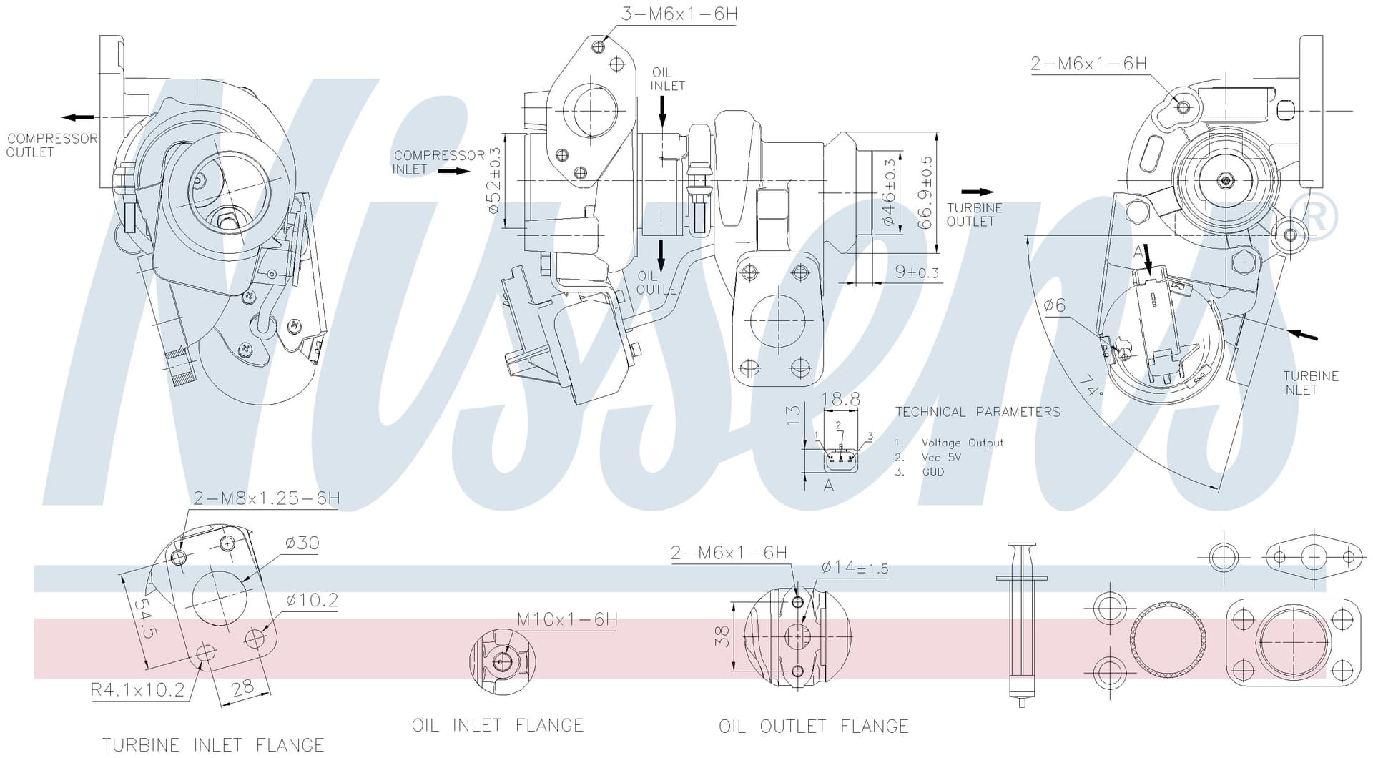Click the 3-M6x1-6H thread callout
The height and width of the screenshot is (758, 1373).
pos(679,14)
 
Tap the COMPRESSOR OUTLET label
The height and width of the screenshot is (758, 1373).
pos(51,145)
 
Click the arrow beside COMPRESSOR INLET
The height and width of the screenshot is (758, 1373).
pos(454,172)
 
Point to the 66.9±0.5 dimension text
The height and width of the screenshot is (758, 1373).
pos(927,193)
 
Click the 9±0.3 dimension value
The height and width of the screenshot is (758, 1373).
pos(917,272)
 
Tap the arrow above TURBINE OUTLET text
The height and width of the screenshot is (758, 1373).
pos(978,192)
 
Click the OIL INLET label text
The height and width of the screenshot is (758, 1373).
pos(668,79)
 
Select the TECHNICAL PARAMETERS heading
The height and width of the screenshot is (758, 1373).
pos(978,412)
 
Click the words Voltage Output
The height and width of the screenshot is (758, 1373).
pos(962,443)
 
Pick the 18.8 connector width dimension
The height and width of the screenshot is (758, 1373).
pos(841,399)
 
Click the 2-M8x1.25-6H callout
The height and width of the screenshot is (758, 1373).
pos(266,498)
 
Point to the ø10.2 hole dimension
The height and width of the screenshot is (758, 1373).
pos(312,600)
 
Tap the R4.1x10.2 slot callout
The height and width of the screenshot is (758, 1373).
pos(137,690)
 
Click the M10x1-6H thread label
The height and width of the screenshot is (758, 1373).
pos(567,619)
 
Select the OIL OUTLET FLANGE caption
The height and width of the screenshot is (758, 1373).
pos(813,727)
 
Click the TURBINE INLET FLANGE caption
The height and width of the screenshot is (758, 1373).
pos(213,744)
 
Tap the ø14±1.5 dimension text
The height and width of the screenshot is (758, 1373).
pos(855,568)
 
